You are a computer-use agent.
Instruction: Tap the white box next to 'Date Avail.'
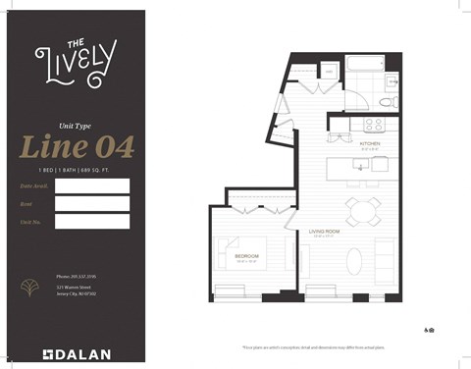(x=92, y=185)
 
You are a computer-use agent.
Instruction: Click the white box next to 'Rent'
(x=92, y=203)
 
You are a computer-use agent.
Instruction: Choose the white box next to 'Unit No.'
(x=92, y=221)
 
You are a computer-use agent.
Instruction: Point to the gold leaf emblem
(x=30, y=287)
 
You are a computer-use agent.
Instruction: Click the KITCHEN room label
(x=370, y=143)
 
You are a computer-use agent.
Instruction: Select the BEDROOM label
(x=246, y=257)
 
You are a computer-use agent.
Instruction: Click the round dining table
(x=361, y=211)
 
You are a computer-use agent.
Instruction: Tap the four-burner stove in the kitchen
(x=375, y=125)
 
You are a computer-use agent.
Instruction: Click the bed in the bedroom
(x=239, y=257)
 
